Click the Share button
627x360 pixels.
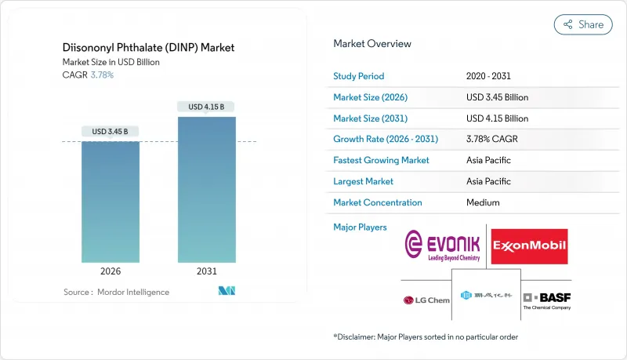coord(583,24)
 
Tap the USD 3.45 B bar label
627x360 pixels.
coord(111,131)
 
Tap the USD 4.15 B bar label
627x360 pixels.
coord(207,106)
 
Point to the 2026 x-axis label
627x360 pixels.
coord(111,271)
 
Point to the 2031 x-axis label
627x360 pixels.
coord(207,271)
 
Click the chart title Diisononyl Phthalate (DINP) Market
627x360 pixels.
coord(148,48)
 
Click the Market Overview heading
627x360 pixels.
coord(371,44)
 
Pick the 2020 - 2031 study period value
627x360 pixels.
coord(489,77)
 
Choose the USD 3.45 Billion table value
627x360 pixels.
coord(497,97)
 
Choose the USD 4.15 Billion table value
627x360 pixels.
coord(497,118)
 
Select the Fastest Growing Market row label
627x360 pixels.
coord(381,160)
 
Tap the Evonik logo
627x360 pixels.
coord(443,245)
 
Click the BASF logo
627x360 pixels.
coord(546,300)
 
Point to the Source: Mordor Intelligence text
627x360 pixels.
coord(116,292)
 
